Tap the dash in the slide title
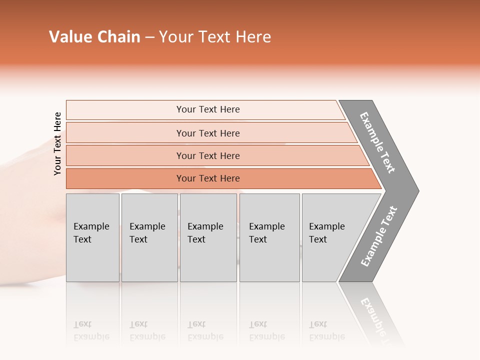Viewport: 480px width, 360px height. click(x=149, y=37)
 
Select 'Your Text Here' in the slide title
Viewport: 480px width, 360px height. click(x=215, y=37)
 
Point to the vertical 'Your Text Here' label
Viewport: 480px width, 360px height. click(x=57, y=144)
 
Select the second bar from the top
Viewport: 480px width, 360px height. click(x=207, y=133)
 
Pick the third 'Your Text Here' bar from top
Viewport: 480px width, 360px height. click(x=207, y=155)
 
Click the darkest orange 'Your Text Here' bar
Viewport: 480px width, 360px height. click(x=207, y=178)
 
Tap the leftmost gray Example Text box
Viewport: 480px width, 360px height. click(x=92, y=237)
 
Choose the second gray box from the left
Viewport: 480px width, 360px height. click(x=149, y=237)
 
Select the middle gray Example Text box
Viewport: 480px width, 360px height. click(x=208, y=237)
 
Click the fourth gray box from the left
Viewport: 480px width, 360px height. click(x=269, y=237)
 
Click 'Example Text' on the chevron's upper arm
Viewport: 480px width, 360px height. click(x=377, y=142)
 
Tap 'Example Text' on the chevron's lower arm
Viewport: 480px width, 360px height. click(x=378, y=236)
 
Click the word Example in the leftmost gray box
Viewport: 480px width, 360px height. click(x=91, y=226)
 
